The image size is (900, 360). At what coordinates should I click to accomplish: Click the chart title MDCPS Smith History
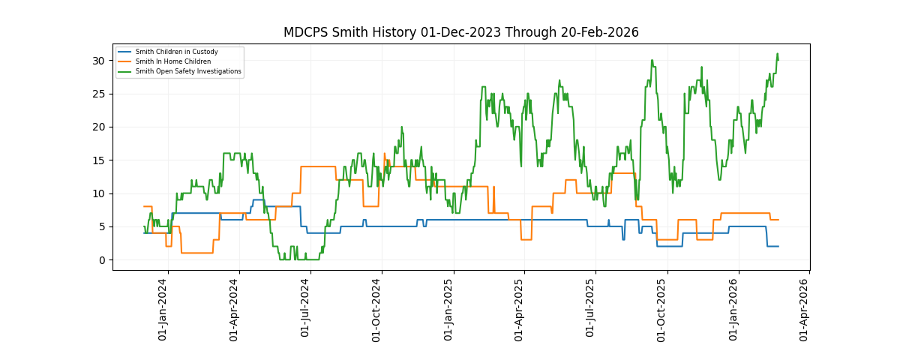click(x=460, y=32)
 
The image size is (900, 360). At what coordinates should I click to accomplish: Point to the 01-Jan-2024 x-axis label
click(x=163, y=309)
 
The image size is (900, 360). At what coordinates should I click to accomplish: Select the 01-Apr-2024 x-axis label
click(x=235, y=309)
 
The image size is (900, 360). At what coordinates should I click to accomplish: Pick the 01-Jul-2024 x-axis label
click(x=306, y=309)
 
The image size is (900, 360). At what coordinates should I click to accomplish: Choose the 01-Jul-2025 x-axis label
click(x=592, y=309)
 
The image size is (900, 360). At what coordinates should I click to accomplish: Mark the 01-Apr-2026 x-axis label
click(x=805, y=309)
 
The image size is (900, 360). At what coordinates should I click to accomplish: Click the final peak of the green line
click(x=777, y=54)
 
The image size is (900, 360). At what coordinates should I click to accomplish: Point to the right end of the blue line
click(x=778, y=246)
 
